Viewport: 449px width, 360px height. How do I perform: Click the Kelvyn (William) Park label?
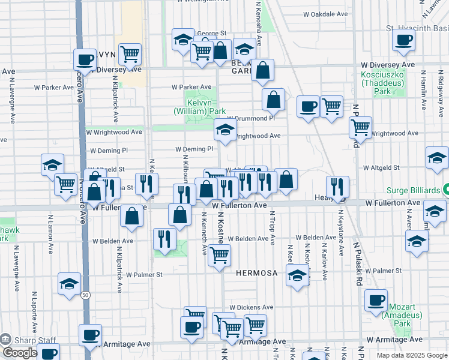pyautogui.click(x=200, y=107)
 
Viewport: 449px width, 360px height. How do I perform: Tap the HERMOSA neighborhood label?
pyautogui.click(x=256, y=273)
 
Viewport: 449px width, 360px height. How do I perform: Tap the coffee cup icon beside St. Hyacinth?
pyautogui.click(x=403, y=41)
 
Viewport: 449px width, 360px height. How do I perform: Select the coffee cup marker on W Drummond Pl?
pyautogui.click(x=309, y=107)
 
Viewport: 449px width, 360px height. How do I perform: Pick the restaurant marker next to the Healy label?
pyautogui.click(x=338, y=187)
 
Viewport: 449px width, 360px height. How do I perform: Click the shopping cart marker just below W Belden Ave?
pyautogui.click(x=219, y=255)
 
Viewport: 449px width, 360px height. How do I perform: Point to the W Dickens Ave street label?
pyautogui.click(x=250, y=307)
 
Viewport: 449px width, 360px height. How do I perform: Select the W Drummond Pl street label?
pyautogui.click(x=251, y=118)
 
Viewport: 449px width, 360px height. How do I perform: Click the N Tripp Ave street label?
pyautogui.click(x=273, y=228)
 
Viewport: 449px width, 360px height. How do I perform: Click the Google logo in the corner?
pyautogui.click(x=20, y=353)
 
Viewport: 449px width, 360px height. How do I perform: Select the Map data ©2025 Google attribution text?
pyautogui.click(x=411, y=355)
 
